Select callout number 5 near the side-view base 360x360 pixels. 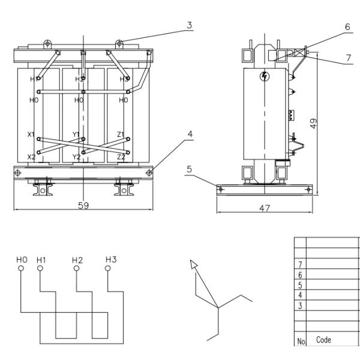[x=189, y=170]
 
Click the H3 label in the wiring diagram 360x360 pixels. [x=110, y=259]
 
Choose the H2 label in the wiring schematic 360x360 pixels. [x=77, y=260]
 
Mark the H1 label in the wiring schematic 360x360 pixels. [x=40, y=260]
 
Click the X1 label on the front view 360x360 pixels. [x=31, y=135]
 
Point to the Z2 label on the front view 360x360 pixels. [x=121, y=157]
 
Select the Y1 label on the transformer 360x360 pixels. [x=76, y=134]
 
